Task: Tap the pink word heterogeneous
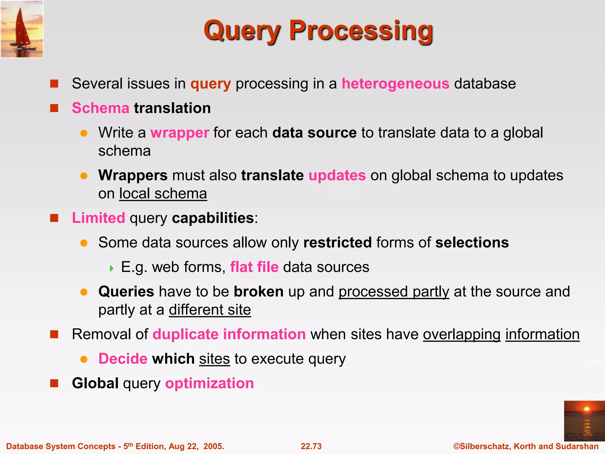point(395,84)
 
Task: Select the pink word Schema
point(100,108)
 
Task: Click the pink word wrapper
point(180,133)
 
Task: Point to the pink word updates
point(337,175)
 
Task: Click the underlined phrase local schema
point(163,194)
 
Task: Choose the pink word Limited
point(98,218)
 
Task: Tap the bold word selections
point(472,243)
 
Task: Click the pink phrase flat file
point(254,267)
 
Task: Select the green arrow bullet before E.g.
point(112,268)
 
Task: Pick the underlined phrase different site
point(210,310)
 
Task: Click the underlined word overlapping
point(461,335)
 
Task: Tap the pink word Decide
point(123,359)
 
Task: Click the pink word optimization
point(209,383)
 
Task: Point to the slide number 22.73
point(311,446)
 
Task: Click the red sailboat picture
point(22,29)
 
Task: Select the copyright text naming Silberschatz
point(526,446)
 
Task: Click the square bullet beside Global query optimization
point(54,383)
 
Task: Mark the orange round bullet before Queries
point(84,292)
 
